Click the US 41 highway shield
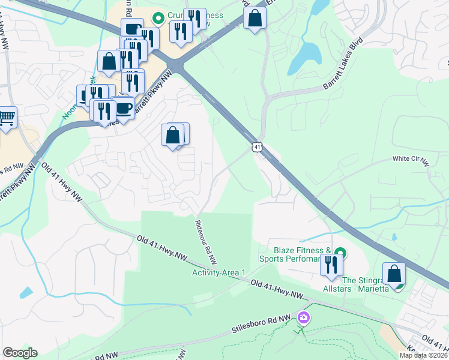point(257,146)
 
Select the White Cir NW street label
point(411,160)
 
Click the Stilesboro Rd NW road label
point(262,324)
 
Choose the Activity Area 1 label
point(219,272)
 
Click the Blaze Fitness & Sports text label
point(295,255)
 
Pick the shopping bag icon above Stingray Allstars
point(394,274)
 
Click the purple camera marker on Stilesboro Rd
point(304,317)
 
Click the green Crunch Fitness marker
point(158,19)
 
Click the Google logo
point(20,353)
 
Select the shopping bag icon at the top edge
point(255,19)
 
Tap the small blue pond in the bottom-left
point(26,292)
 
